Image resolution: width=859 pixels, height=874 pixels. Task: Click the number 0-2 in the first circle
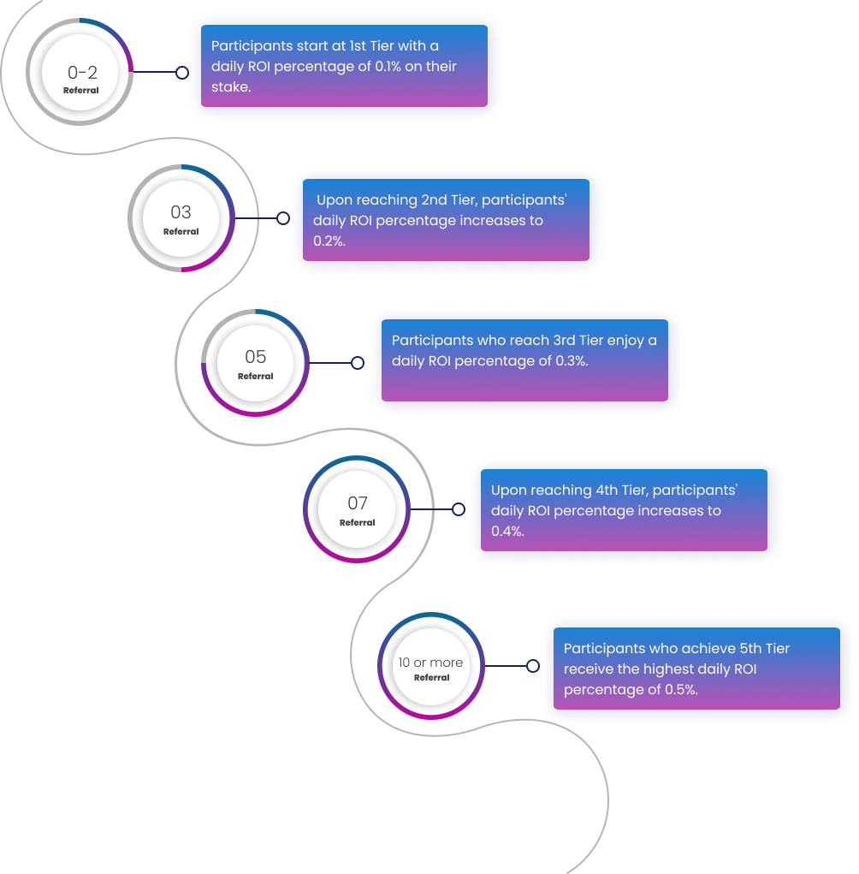click(82, 73)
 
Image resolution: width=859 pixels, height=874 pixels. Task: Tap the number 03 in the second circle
click(181, 212)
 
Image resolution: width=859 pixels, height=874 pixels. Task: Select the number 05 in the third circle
click(255, 357)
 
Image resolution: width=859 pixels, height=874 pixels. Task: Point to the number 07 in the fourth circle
click(357, 503)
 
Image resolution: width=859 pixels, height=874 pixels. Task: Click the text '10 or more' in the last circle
click(430, 663)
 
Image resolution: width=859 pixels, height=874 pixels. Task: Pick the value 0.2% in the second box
click(329, 241)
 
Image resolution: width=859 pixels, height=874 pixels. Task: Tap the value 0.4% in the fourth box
click(507, 532)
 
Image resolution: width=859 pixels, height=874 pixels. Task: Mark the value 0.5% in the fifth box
click(681, 690)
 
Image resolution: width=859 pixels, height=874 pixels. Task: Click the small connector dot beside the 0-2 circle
click(182, 73)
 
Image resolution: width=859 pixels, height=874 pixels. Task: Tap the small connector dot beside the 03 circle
click(282, 218)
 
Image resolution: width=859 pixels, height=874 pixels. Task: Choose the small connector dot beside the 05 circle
click(358, 363)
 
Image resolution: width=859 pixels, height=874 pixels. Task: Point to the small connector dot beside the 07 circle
click(459, 509)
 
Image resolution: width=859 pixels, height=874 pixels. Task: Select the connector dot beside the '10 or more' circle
click(533, 666)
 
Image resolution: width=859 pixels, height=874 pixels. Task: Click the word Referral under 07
click(357, 523)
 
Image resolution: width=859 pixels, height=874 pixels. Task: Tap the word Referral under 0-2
click(81, 91)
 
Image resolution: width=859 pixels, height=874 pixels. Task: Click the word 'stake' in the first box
click(229, 87)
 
